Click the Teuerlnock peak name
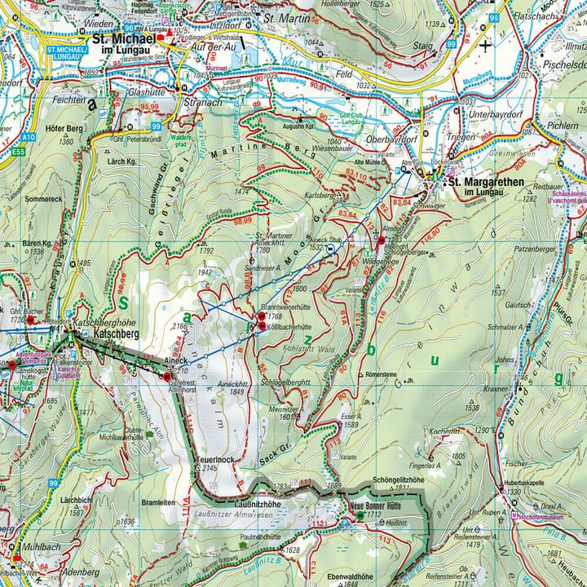click(214, 460)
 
